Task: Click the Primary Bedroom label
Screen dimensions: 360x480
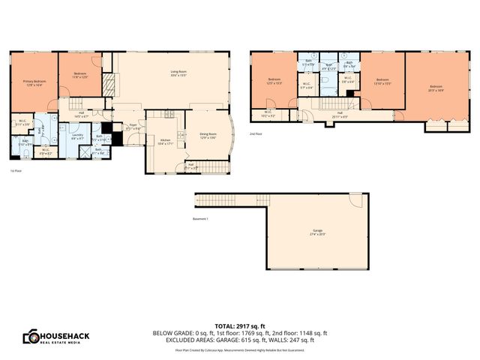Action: coord(34,83)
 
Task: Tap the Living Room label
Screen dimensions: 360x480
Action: coord(177,73)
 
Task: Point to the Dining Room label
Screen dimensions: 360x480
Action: coord(207,136)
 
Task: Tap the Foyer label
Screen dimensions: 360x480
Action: coord(133,127)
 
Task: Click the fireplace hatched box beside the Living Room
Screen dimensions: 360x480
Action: coord(109,82)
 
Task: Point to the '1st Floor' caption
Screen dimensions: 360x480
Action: coord(15,171)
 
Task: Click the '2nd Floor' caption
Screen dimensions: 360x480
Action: coord(256,134)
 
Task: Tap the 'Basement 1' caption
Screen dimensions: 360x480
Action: coord(199,218)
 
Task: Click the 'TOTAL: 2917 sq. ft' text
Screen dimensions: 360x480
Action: coord(240,326)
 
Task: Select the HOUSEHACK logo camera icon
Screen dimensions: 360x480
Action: coord(32,337)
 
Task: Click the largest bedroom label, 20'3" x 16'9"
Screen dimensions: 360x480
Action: coord(436,88)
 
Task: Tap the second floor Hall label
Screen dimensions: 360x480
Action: coord(339,114)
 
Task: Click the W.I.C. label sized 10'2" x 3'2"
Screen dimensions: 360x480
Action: coord(268,115)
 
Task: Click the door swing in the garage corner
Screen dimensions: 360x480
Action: coord(356,200)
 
